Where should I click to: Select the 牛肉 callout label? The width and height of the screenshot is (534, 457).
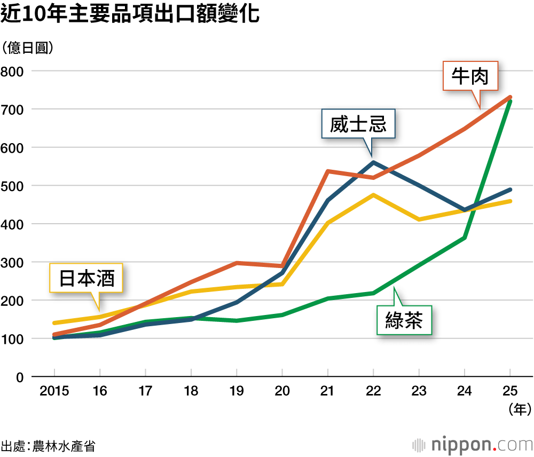[470, 76]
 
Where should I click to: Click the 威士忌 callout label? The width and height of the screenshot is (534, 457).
[358, 124]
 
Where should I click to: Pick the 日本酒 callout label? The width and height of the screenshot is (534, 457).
[86, 278]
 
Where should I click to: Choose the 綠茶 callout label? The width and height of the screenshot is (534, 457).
[404, 320]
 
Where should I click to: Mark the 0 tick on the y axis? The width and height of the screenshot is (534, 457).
[20, 377]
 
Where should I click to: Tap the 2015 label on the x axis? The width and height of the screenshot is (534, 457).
[54, 391]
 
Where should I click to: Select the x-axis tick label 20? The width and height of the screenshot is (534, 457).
[282, 391]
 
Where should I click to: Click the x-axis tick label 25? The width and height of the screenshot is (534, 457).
[510, 391]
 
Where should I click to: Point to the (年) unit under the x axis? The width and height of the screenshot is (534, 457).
[517, 409]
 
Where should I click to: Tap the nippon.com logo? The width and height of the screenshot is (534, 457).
[473, 444]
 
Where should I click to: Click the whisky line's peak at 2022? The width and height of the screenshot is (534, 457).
[373, 162]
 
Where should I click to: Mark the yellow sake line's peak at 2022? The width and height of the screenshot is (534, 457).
[373, 195]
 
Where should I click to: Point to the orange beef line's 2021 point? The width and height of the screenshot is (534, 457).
[327, 171]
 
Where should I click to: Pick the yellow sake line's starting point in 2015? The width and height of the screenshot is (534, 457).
[54, 323]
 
